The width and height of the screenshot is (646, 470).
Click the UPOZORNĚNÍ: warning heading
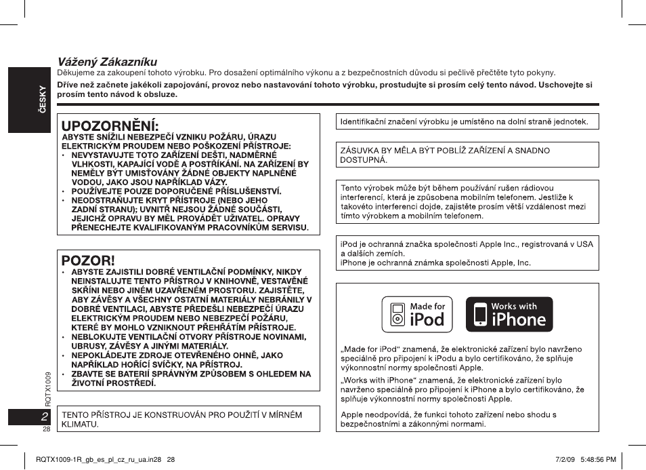click(x=110, y=126)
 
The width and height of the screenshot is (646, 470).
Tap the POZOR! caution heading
click(x=88, y=260)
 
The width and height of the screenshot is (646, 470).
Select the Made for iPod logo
click(x=417, y=314)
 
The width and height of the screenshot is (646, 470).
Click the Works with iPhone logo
click(x=509, y=314)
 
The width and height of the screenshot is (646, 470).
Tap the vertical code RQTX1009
click(x=48, y=388)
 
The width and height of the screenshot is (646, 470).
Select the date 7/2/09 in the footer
click(x=565, y=459)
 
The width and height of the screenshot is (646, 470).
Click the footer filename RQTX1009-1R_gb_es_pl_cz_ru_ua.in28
click(x=100, y=459)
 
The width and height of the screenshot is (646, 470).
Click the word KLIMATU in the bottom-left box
click(x=80, y=424)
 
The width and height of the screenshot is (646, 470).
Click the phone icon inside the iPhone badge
click(x=480, y=315)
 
